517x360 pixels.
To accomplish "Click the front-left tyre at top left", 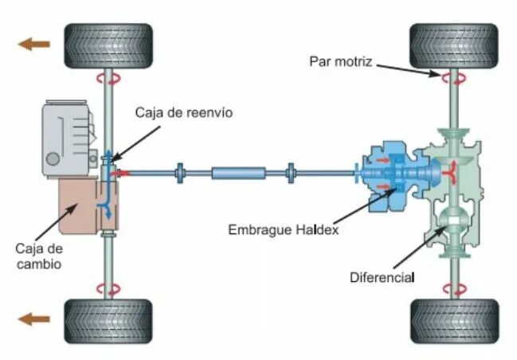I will click(x=108, y=45).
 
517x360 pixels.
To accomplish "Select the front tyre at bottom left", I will click(x=108, y=321).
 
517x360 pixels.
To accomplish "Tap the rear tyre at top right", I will click(x=453, y=45).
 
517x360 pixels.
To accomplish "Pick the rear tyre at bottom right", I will click(x=453, y=321).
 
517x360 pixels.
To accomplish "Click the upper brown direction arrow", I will click(x=34, y=44).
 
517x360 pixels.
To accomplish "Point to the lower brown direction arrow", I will click(x=34, y=319).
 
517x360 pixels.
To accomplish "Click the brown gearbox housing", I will click(x=80, y=205).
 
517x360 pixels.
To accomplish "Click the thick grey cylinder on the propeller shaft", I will click(x=237, y=172).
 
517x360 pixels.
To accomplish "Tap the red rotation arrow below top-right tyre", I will click(x=453, y=78).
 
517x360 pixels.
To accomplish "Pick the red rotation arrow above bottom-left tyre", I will click(x=108, y=288).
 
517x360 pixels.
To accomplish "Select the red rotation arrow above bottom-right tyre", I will click(x=453, y=288).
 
